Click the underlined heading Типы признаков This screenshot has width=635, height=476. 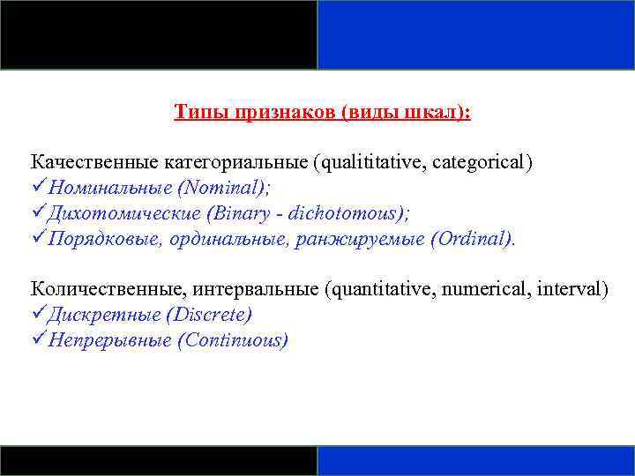[322, 113]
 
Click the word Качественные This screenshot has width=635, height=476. [95, 162]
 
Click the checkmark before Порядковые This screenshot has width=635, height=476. [39, 239]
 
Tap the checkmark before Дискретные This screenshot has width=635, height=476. [39, 315]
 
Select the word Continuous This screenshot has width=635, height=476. [232, 340]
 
